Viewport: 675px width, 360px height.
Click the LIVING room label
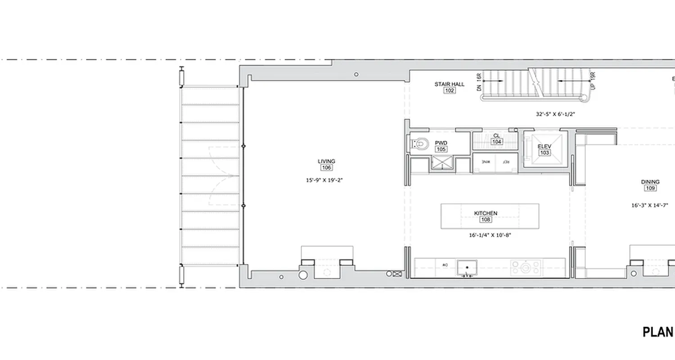point(326,161)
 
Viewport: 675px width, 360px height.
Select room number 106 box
point(326,168)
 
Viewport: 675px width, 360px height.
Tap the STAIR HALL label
point(449,84)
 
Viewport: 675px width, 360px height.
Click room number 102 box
point(449,90)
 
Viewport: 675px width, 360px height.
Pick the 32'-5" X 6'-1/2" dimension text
point(555,114)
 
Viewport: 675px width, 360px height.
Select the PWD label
point(441,143)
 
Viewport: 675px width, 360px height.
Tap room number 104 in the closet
point(496,142)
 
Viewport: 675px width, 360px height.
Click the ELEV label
point(544,146)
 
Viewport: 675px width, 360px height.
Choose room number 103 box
point(544,153)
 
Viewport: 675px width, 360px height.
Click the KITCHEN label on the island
point(486,213)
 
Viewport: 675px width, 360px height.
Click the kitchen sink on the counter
point(467,268)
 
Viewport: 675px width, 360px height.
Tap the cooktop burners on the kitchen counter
point(525,268)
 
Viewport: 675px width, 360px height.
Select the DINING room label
point(650,182)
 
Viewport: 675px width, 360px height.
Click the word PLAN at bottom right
point(658,333)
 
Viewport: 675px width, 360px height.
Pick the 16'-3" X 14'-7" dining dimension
point(650,205)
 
